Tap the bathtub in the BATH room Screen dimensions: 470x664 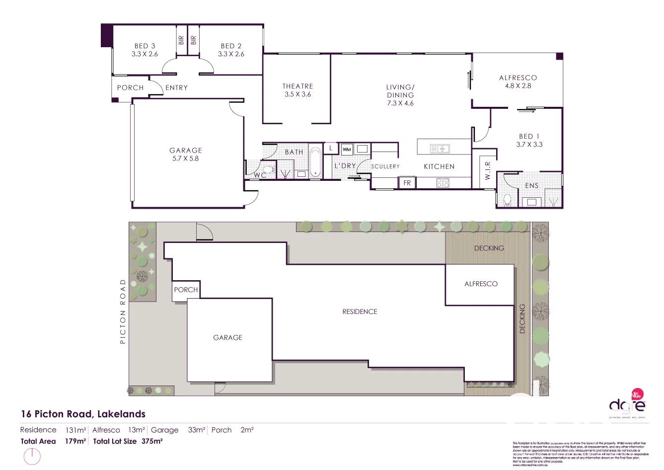click(x=315, y=161)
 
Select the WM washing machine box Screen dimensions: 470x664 click(x=347, y=149)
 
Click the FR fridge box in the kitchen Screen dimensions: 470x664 click(x=407, y=183)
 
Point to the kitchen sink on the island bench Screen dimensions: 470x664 click(x=440, y=148)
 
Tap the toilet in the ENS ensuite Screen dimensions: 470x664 click(x=507, y=199)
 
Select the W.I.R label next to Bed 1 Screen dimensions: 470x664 click(x=487, y=170)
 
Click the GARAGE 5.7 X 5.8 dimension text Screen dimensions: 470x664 click(x=185, y=158)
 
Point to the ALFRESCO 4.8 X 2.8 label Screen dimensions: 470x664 click(x=517, y=81)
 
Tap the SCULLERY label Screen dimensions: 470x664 click(x=385, y=166)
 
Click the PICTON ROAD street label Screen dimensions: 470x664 click(x=123, y=312)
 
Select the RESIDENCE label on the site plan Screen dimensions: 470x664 click(x=360, y=312)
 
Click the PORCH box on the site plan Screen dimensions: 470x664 click(x=186, y=290)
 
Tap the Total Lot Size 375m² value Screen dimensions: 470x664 click(x=152, y=441)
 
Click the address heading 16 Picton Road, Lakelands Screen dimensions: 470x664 click(x=83, y=414)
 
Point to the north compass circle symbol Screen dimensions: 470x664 click(x=32, y=456)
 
